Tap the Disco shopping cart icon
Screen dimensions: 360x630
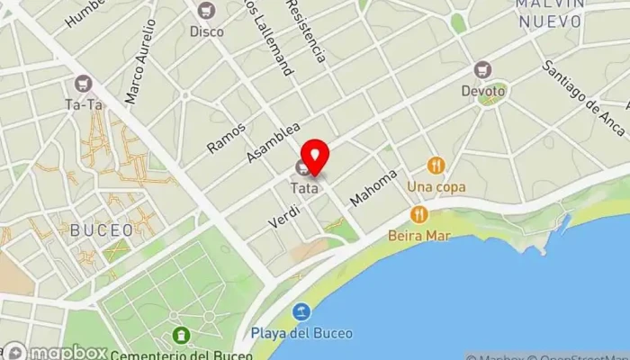click(x=207, y=11)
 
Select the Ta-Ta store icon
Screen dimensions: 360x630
click(x=85, y=84)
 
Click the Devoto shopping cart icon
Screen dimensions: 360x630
click(x=484, y=70)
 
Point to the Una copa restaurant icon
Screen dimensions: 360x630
click(x=436, y=165)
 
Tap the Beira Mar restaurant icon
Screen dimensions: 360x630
click(x=418, y=214)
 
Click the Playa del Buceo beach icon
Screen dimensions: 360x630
click(x=302, y=312)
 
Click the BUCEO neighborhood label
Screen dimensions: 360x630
click(x=101, y=230)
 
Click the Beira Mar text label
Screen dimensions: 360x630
click(x=420, y=236)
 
